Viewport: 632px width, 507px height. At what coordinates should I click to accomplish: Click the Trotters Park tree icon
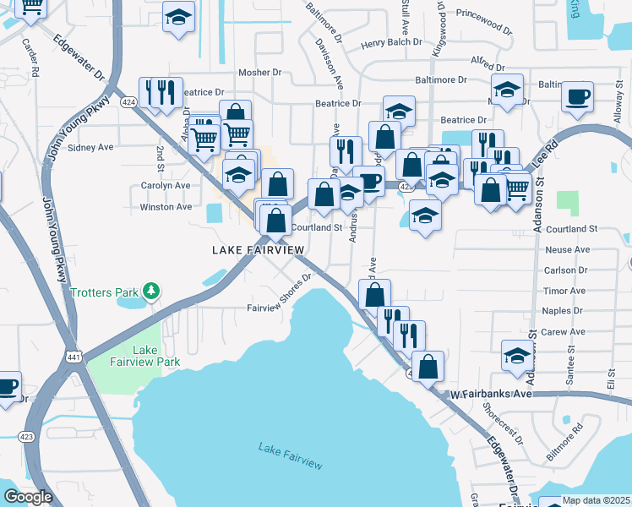pos(151,292)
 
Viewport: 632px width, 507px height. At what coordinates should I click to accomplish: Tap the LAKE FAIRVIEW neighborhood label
pos(258,251)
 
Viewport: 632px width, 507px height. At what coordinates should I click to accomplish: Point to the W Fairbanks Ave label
pos(490,394)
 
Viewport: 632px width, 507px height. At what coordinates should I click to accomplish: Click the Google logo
pos(28,497)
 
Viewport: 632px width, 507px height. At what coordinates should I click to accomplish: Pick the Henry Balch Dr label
pos(390,42)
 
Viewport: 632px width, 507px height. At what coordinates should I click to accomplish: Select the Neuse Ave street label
pos(568,250)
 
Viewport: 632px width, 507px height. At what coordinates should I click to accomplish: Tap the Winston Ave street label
pos(166,207)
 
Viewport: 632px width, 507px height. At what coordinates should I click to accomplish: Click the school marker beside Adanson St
pos(517,355)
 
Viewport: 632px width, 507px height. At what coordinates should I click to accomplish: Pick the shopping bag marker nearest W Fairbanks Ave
pos(429,367)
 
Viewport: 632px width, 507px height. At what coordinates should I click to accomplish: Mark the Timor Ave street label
pos(564,292)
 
